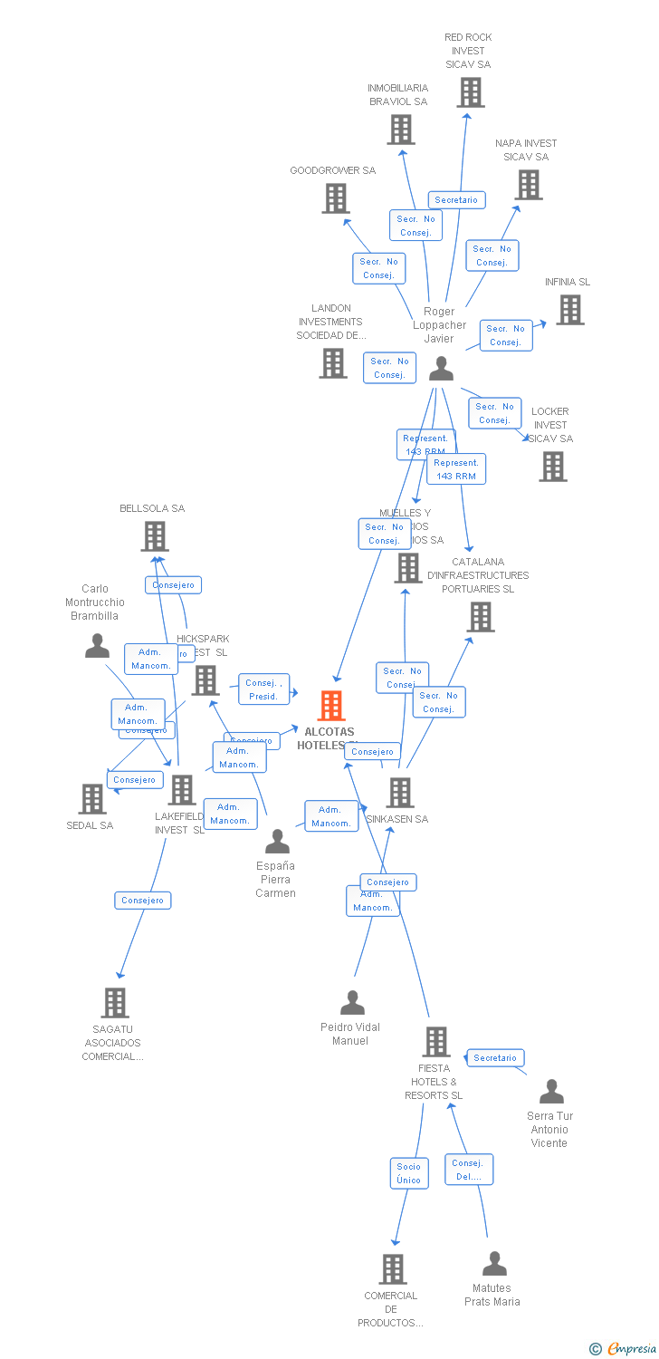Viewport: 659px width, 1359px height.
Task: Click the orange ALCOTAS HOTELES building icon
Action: pyautogui.click(x=331, y=705)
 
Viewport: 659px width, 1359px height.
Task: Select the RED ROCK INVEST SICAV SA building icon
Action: pyautogui.click(x=470, y=92)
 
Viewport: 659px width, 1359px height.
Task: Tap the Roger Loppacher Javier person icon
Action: pyautogui.click(x=441, y=369)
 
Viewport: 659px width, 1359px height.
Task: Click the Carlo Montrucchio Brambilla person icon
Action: pyautogui.click(x=97, y=646)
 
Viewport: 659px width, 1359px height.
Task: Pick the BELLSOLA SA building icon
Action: pyautogui.click(x=155, y=536)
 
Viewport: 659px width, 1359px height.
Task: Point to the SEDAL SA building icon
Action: pyautogui.click(x=92, y=799)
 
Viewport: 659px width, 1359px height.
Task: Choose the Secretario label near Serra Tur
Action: pyautogui.click(x=495, y=1058)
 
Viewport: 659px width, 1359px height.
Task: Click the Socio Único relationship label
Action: pyautogui.click(x=408, y=1173)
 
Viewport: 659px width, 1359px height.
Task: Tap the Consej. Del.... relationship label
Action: pyautogui.click(x=468, y=1170)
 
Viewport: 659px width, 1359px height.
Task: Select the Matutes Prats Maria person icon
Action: pyautogui.click(x=494, y=1264)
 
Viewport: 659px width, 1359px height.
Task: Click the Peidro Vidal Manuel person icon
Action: pyautogui.click(x=352, y=1003)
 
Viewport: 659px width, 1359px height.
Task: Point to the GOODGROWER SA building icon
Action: pyautogui.click(x=336, y=198)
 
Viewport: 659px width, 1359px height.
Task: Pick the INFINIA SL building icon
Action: pyautogui.click(x=569, y=310)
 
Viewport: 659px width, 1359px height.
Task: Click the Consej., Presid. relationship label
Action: pyautogui.click(x=263, y=689)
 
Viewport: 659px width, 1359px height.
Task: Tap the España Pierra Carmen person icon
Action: pyautogui.click(x=277, y=842)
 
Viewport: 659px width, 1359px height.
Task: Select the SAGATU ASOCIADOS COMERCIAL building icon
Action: pyautogui.click(x=115, y=1003)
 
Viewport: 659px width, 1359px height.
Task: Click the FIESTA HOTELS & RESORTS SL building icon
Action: pyautogui.click(x=436, y=1042)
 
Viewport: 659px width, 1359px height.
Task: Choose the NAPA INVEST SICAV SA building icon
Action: pyautogui.click(x=529, y=185)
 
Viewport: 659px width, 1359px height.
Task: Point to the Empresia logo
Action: pyautogui.click(x=624, y=1348)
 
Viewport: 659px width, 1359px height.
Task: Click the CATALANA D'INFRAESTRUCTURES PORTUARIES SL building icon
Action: pyautogui.click(x=481, y=617)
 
